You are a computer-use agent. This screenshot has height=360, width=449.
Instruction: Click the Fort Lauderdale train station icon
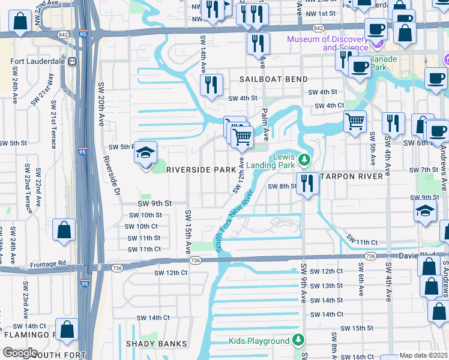click(72, 61)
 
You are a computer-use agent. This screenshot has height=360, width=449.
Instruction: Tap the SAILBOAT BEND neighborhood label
click(274, 79)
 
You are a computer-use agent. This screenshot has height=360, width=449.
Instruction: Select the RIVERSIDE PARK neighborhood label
click(200, 170)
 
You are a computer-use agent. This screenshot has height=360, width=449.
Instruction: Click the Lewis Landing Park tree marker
click(305, 160)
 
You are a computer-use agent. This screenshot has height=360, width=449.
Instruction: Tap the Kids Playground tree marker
click(298, 341)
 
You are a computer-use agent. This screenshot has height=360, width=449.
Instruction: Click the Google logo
click(20, 353)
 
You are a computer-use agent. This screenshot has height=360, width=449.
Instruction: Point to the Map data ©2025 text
click(424, 355)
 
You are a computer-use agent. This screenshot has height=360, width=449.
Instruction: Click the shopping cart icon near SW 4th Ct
click(355, 122)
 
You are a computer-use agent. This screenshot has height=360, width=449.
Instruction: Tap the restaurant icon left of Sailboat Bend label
click(211, 85)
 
